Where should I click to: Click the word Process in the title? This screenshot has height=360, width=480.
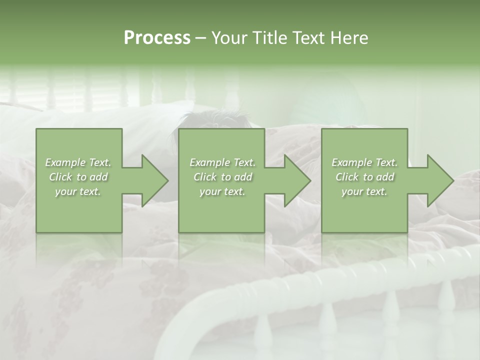click(x=157, y=37)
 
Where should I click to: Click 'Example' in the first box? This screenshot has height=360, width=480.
click(x=65, y=162)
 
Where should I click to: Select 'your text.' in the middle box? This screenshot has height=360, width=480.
click(x=222, y=191)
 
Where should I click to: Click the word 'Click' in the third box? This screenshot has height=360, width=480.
click(x=347, y=177)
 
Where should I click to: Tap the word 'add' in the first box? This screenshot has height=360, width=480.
click(x=99, y=177)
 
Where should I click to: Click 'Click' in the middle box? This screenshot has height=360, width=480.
click(x=205, y=177)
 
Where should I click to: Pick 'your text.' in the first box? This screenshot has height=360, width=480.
click(x=78, y=191)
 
